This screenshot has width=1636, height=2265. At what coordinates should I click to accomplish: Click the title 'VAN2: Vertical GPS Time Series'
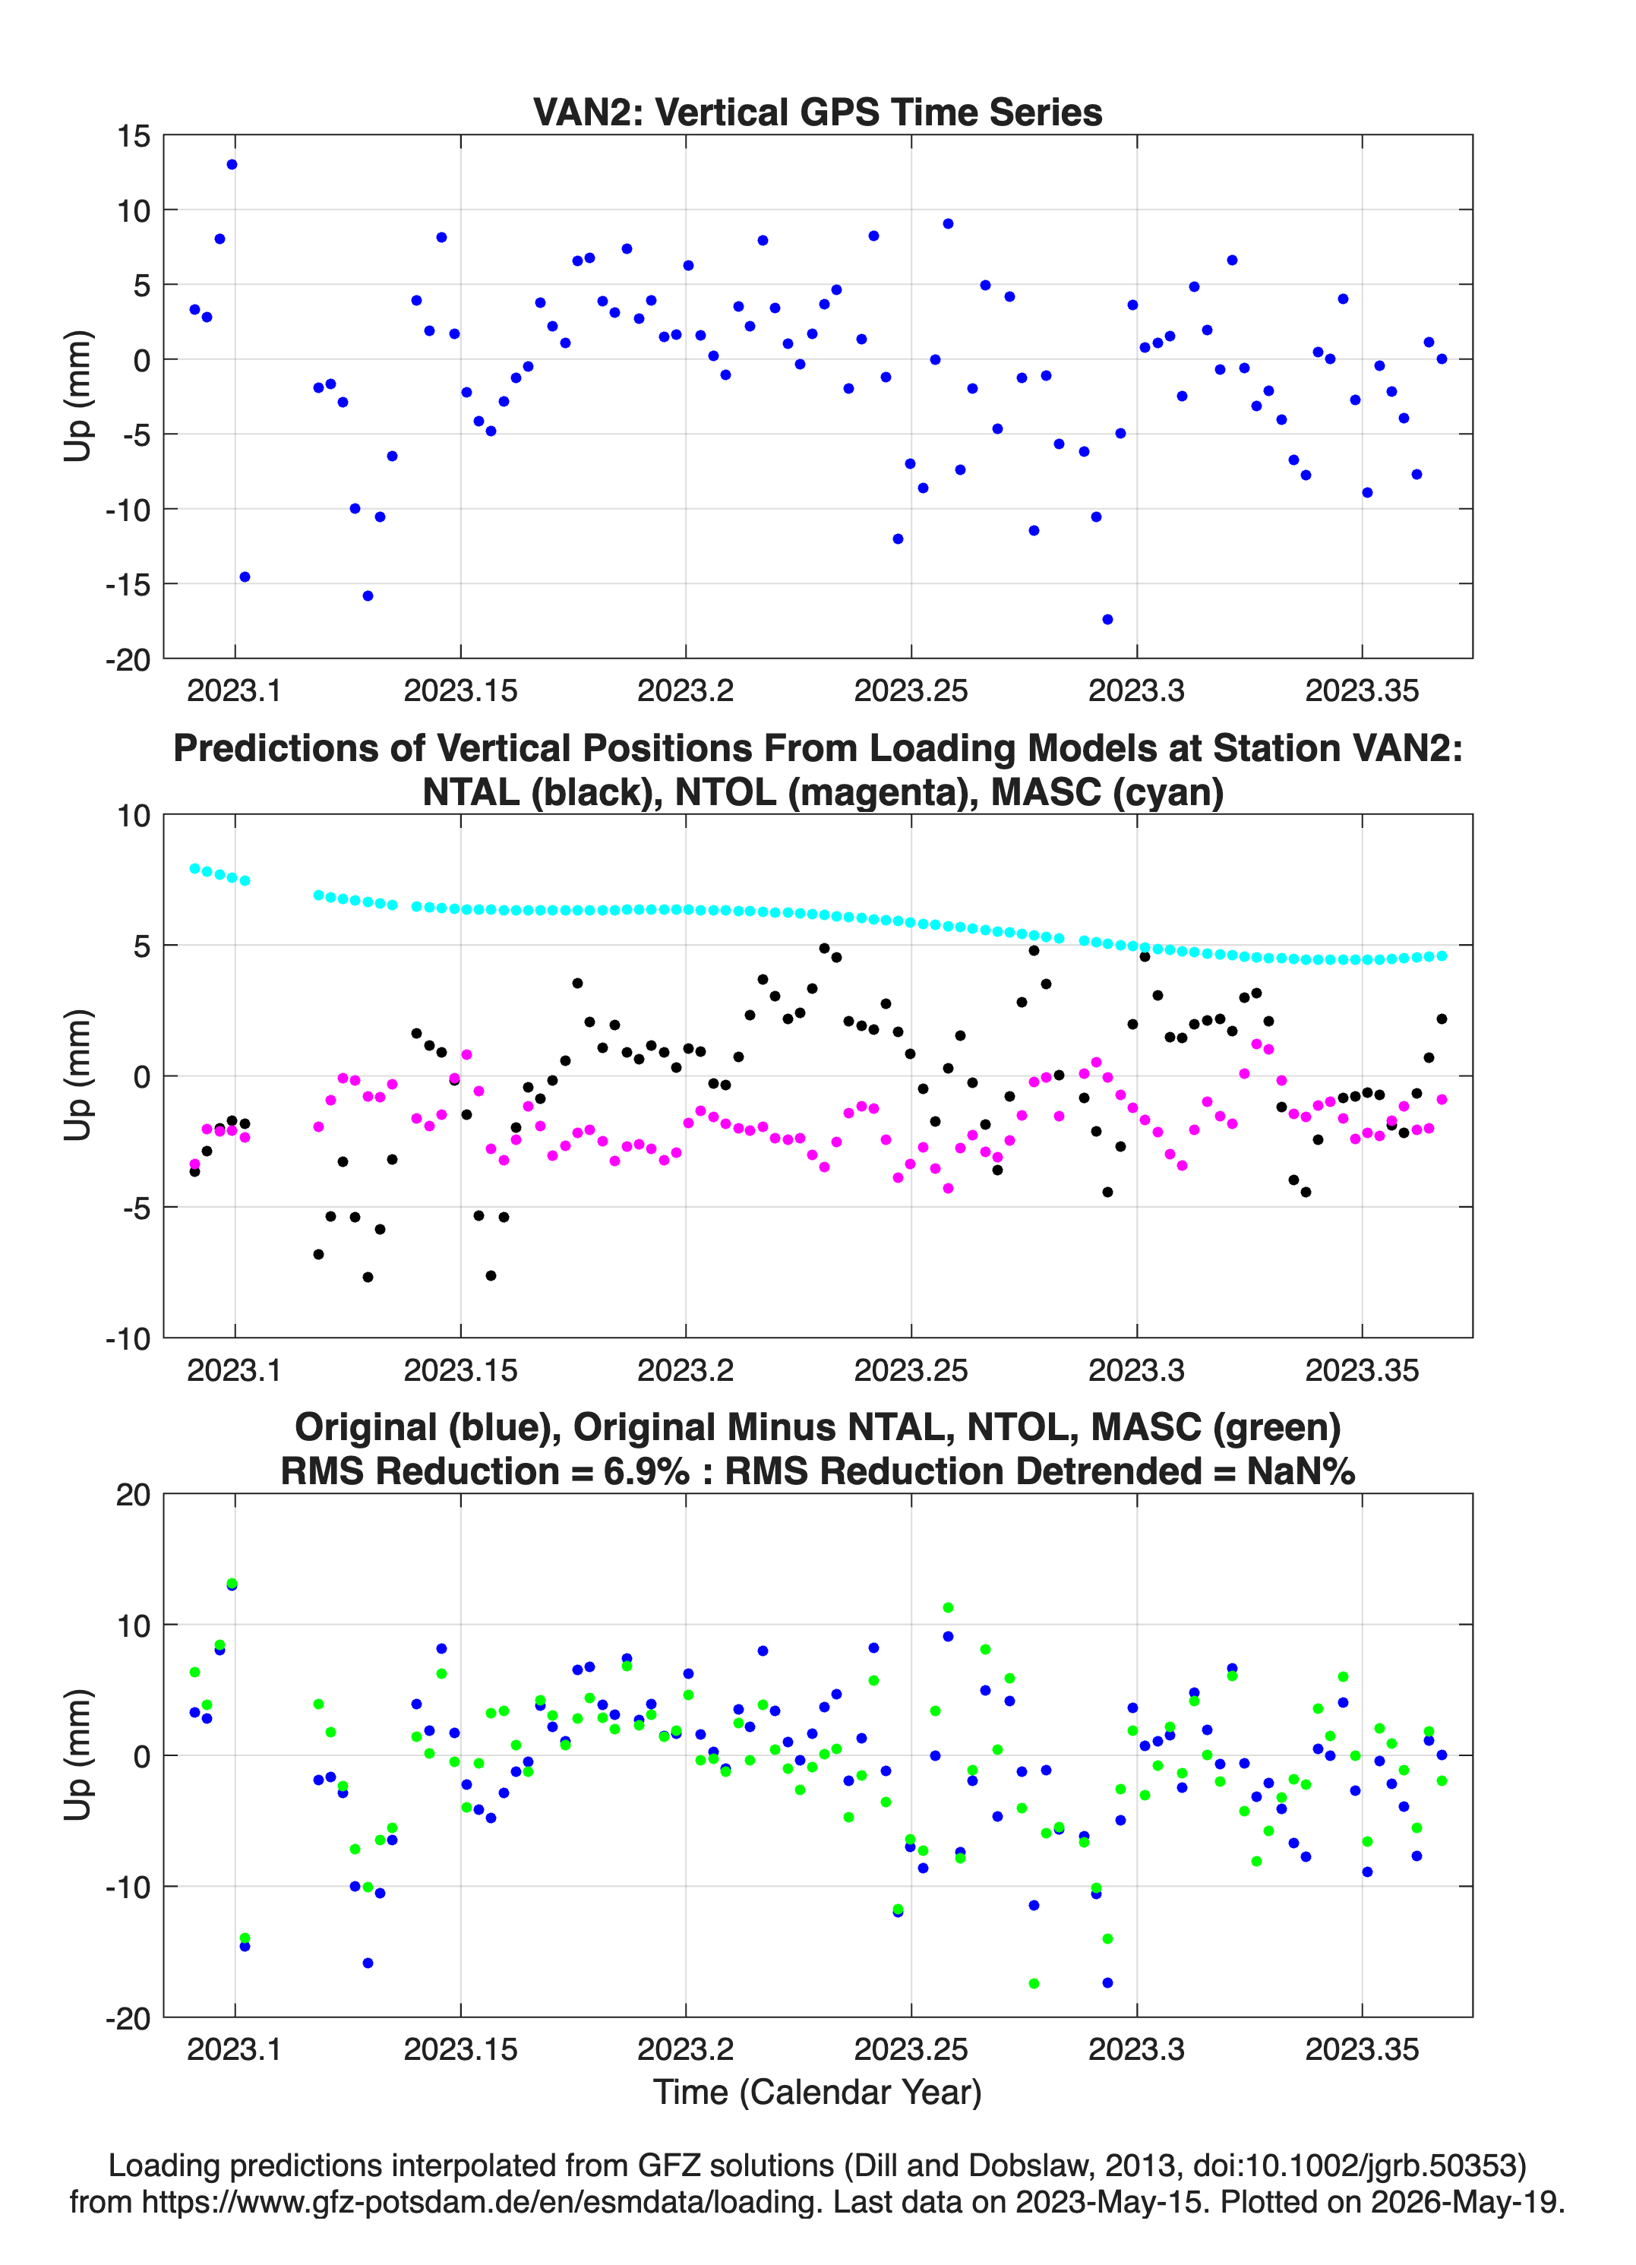coord(817,112)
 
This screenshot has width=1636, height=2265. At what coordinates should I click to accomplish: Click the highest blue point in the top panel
coord(232,165)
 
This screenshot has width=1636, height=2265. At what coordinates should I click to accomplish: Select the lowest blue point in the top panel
coord(1107,619)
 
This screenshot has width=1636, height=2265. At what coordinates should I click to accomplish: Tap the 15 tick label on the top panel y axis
coord(133,136)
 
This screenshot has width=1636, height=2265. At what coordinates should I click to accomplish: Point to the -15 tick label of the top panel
coord(128,584)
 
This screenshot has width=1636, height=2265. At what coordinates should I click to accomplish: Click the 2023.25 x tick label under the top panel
coord(911,690)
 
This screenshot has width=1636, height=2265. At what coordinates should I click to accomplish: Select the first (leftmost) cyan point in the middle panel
coord(194,868)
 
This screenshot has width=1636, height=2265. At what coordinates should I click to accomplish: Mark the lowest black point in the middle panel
coord(368,1276)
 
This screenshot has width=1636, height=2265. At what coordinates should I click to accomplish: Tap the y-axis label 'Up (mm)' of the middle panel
coord(78,1076)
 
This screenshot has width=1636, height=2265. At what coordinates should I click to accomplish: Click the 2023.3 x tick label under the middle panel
coord(1136,1369)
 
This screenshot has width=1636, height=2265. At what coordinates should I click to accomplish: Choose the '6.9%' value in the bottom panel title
coord(646,1471)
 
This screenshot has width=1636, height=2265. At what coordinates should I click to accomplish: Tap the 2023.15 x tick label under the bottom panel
coord(460,2049)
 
